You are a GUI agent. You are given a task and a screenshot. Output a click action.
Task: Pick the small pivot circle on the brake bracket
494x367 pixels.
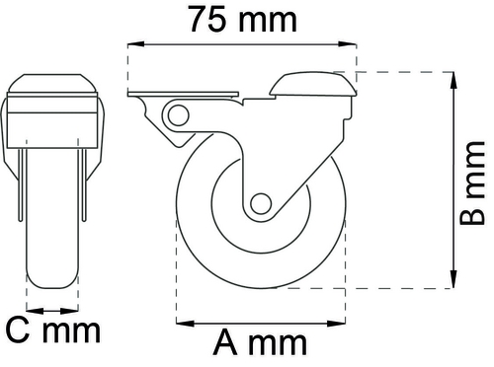[x=180, y=115]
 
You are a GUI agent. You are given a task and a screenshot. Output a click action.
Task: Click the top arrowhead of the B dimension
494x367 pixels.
[x=453, y=78]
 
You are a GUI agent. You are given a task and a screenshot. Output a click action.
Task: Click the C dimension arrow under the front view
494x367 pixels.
[x=50, y=305]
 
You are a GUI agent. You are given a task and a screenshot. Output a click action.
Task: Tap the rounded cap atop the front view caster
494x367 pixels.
[x=50, y=84]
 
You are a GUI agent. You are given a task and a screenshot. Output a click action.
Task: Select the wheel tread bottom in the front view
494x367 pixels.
[x=50, y=286]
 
